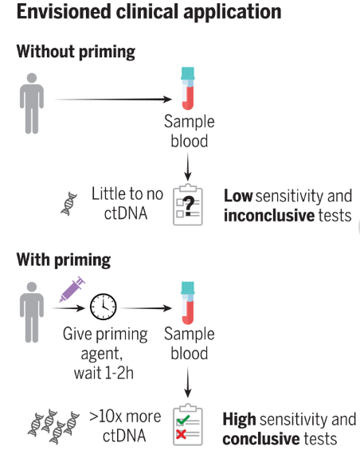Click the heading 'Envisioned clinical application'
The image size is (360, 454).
click(149, 12)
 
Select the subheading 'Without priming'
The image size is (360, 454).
click(76, 52)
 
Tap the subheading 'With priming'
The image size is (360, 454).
click(64, 260)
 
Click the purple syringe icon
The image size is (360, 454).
click(72, 289)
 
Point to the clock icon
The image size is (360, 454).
click(103, 307)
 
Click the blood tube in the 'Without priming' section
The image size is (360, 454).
click(188, 88)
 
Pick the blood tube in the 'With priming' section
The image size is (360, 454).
click(188, 303)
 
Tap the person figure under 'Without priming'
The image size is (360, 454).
click(32, 104)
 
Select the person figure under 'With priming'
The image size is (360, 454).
click(32, 312)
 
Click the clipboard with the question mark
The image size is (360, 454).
click(188, 205)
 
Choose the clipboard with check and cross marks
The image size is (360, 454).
click(188, 425)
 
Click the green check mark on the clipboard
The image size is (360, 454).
click(183, 420)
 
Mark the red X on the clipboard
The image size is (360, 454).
click(182, 434)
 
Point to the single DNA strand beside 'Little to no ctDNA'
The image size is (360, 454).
click(69, 204)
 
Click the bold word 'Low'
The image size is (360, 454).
click(238, 196)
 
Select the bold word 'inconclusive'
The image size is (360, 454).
click(269, 216)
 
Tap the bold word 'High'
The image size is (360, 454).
click(239, 420)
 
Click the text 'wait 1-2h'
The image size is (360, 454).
click(104, 373)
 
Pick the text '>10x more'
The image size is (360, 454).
click(125, 417)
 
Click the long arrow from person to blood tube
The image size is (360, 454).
click(113, 100)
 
